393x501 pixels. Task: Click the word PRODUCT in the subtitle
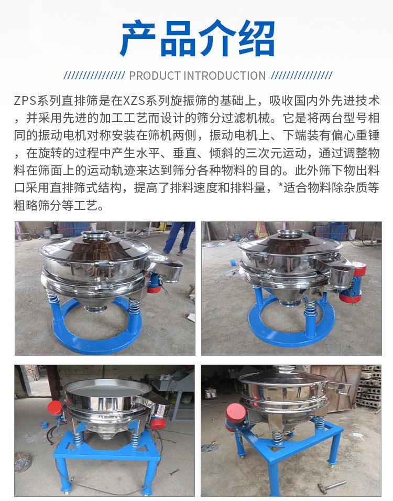tap(155, 76)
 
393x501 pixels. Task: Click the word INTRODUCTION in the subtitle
tap(225, 76)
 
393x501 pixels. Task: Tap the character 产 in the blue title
tap(138, 38)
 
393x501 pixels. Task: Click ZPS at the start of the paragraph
tap(25, 101)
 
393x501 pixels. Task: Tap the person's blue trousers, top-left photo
tap(179, 237)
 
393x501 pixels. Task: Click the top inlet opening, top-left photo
tap(95, 234)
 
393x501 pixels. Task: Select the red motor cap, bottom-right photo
tap(236, 412)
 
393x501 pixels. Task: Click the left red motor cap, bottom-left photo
tap(55, 408)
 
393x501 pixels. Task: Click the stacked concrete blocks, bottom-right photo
tap(369, 387)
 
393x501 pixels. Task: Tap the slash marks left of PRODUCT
tap(94, 76)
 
